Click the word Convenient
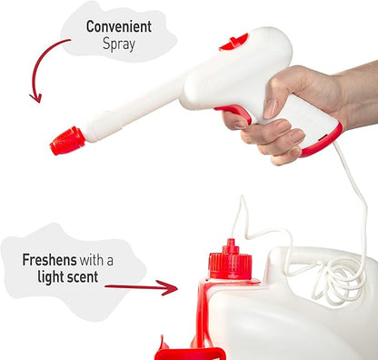pos(119,26)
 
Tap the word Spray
pos(119,45)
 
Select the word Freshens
pos(49,260)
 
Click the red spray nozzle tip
pos(67,141)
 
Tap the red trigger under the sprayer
pos(234,113)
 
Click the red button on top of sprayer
pos(234,42)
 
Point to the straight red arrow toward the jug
pos(141,287)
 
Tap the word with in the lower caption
pos(91,260)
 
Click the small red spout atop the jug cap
pos(231,246)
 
